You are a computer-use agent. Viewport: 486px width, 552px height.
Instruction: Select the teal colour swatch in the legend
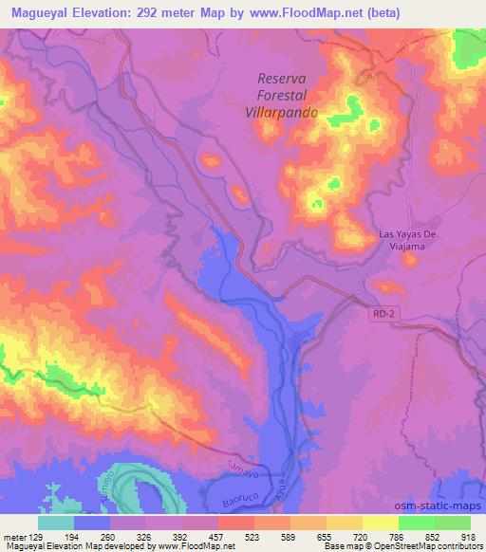[55, 523]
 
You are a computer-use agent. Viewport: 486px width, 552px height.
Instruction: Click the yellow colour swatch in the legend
[380, 523]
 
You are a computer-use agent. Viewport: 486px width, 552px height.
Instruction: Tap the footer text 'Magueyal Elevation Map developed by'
[66, 545]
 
